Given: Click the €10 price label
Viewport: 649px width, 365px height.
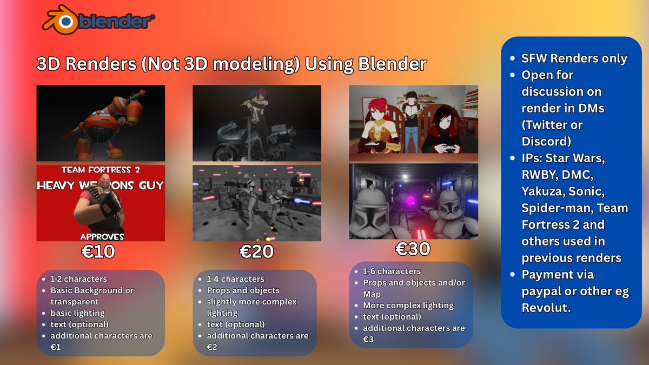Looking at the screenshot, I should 100,251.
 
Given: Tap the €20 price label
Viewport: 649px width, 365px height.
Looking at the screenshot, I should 256,251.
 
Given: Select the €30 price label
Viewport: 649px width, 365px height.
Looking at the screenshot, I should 413,249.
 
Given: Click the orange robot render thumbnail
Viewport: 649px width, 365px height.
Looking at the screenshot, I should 101,123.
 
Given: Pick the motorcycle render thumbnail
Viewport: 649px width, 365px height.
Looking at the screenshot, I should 257,123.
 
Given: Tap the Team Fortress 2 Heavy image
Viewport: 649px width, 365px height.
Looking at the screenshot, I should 101,203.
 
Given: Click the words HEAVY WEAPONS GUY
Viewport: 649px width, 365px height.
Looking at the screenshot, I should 101,186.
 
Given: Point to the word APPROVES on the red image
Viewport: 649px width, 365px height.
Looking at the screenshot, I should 102,237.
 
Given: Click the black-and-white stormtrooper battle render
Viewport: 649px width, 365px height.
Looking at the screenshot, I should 257,203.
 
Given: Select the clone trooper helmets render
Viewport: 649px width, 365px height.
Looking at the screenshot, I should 414,201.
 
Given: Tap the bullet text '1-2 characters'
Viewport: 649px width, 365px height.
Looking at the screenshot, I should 78,279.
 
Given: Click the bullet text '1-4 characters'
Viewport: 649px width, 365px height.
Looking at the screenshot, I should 235,279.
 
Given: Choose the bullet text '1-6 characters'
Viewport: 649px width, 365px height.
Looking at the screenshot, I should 392,271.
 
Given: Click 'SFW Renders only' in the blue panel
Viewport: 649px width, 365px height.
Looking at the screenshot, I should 574,58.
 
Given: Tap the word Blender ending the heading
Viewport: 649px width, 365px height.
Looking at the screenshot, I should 393,64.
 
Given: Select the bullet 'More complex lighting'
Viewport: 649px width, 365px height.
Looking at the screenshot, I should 408,306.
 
